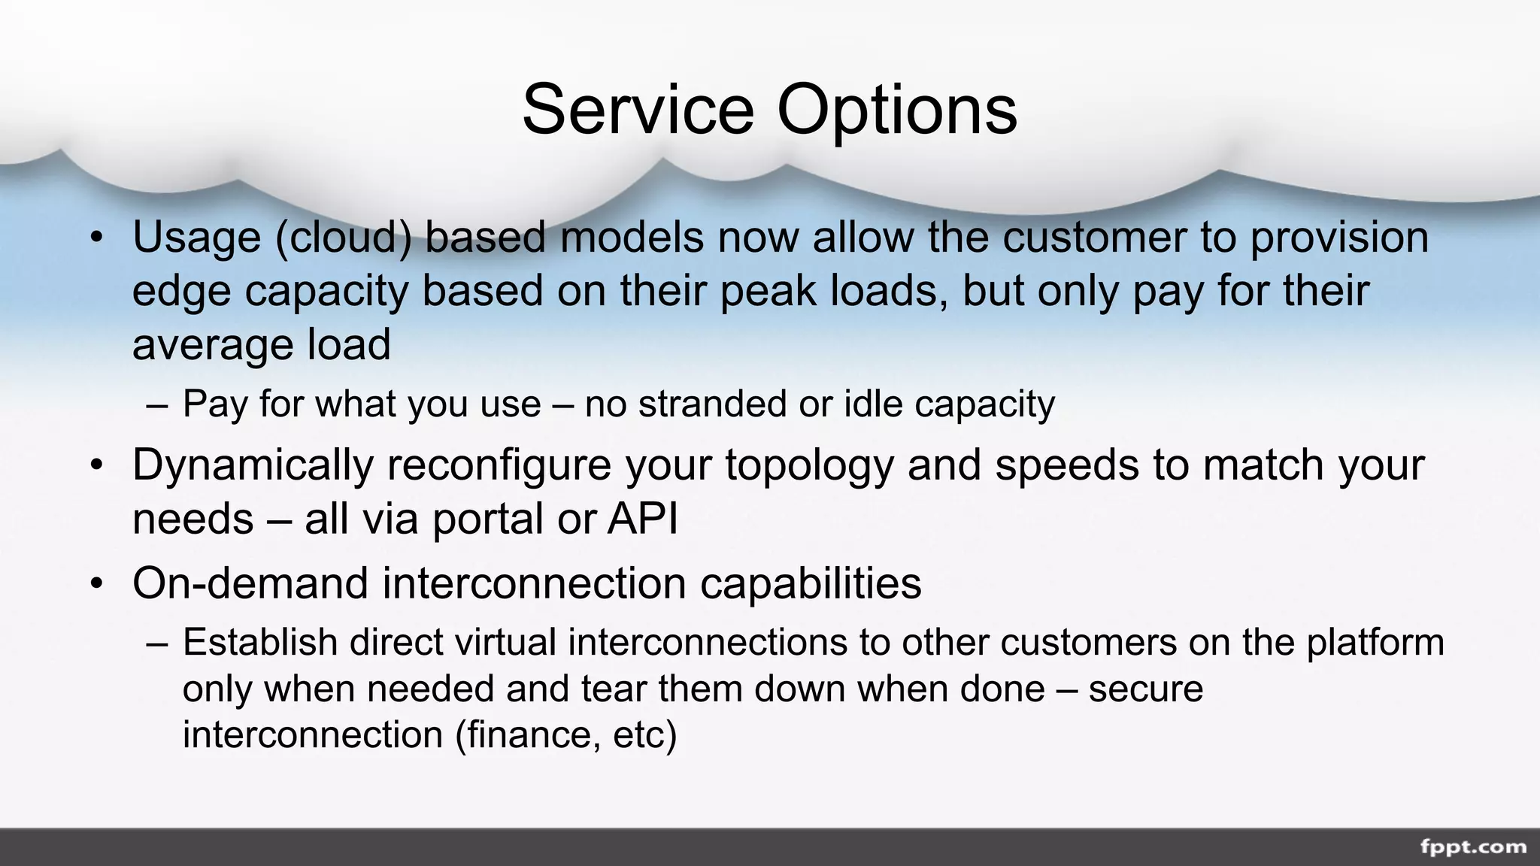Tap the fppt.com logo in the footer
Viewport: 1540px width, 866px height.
(x=1473, y=847)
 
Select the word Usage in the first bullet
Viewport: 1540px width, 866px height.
(x=196, y=237)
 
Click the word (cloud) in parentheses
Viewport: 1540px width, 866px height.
(x=344, y=237)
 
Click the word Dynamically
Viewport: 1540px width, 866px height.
(x=253, y=465)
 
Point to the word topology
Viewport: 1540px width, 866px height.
(x=809, y=465)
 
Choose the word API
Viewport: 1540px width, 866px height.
(x=642, y=519)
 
